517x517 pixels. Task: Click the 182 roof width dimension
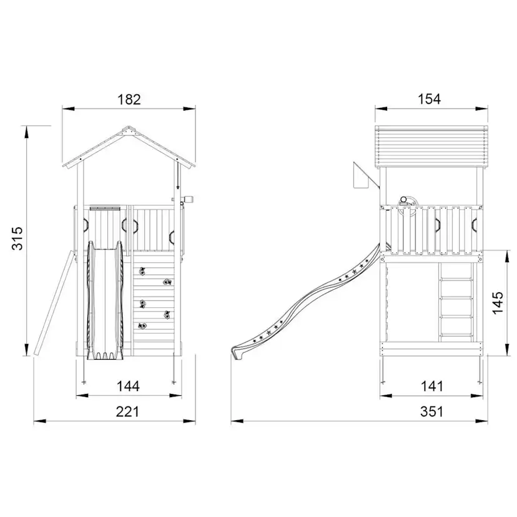(x=129, y=99)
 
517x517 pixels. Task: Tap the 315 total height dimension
(x=17, y=238)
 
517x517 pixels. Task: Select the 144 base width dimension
(x=128, y=386)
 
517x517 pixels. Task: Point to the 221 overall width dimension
(x=127, y=411)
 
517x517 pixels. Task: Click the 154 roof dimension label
(x=430, y=99)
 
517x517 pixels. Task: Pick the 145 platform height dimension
(x=498, y=303)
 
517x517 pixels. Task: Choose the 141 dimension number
(x=432, y=386)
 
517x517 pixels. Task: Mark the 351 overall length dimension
(x=431, y=411)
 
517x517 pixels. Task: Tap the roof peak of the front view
(x=129, y=126)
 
